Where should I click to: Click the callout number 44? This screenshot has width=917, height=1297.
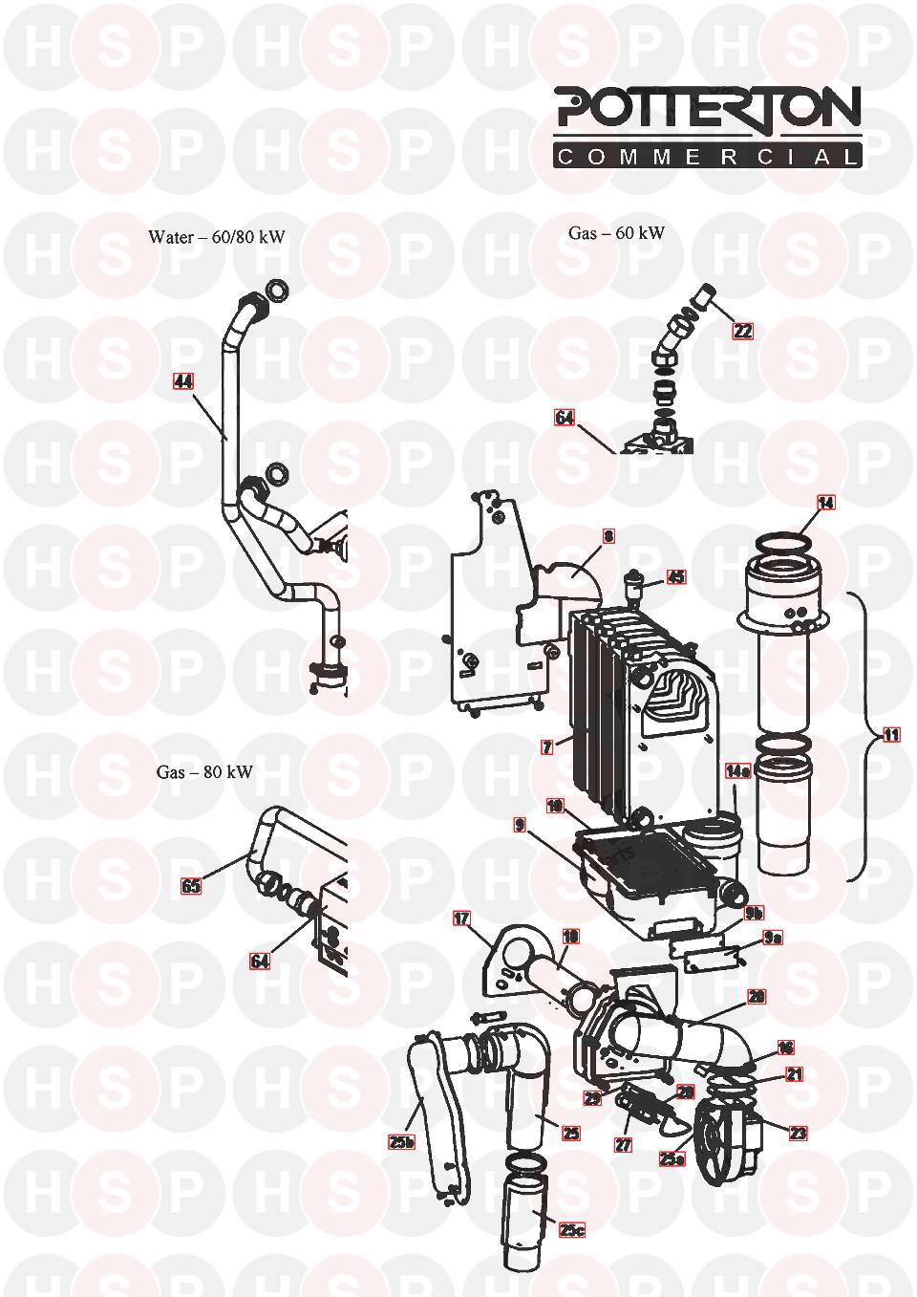coord(183,381)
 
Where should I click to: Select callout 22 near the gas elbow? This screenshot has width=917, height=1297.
coord(742,332)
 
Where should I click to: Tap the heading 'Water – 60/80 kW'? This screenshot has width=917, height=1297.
coord(217,237)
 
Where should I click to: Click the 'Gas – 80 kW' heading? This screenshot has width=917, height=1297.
coord(204,771)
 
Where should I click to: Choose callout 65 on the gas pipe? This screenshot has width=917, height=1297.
coord(191,886)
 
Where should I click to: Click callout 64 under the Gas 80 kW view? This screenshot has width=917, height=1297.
coord(260,961)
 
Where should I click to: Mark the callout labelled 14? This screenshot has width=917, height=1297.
coord(826,503)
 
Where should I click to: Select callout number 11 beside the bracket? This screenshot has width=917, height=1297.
coord(890,735)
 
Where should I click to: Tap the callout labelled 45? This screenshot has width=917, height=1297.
coord(675,577)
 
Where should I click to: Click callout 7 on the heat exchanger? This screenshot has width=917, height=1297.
coord(546,747)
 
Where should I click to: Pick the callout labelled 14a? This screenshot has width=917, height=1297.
coord(737,770)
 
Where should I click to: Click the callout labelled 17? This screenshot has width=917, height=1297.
coord(461,919)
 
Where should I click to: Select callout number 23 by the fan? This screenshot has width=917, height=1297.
coord(797,1134)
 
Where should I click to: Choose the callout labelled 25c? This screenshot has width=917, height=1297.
coord(571,1231)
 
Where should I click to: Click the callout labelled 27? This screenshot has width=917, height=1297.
coord(623,1144)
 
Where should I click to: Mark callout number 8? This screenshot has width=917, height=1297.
coord(608,536)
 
